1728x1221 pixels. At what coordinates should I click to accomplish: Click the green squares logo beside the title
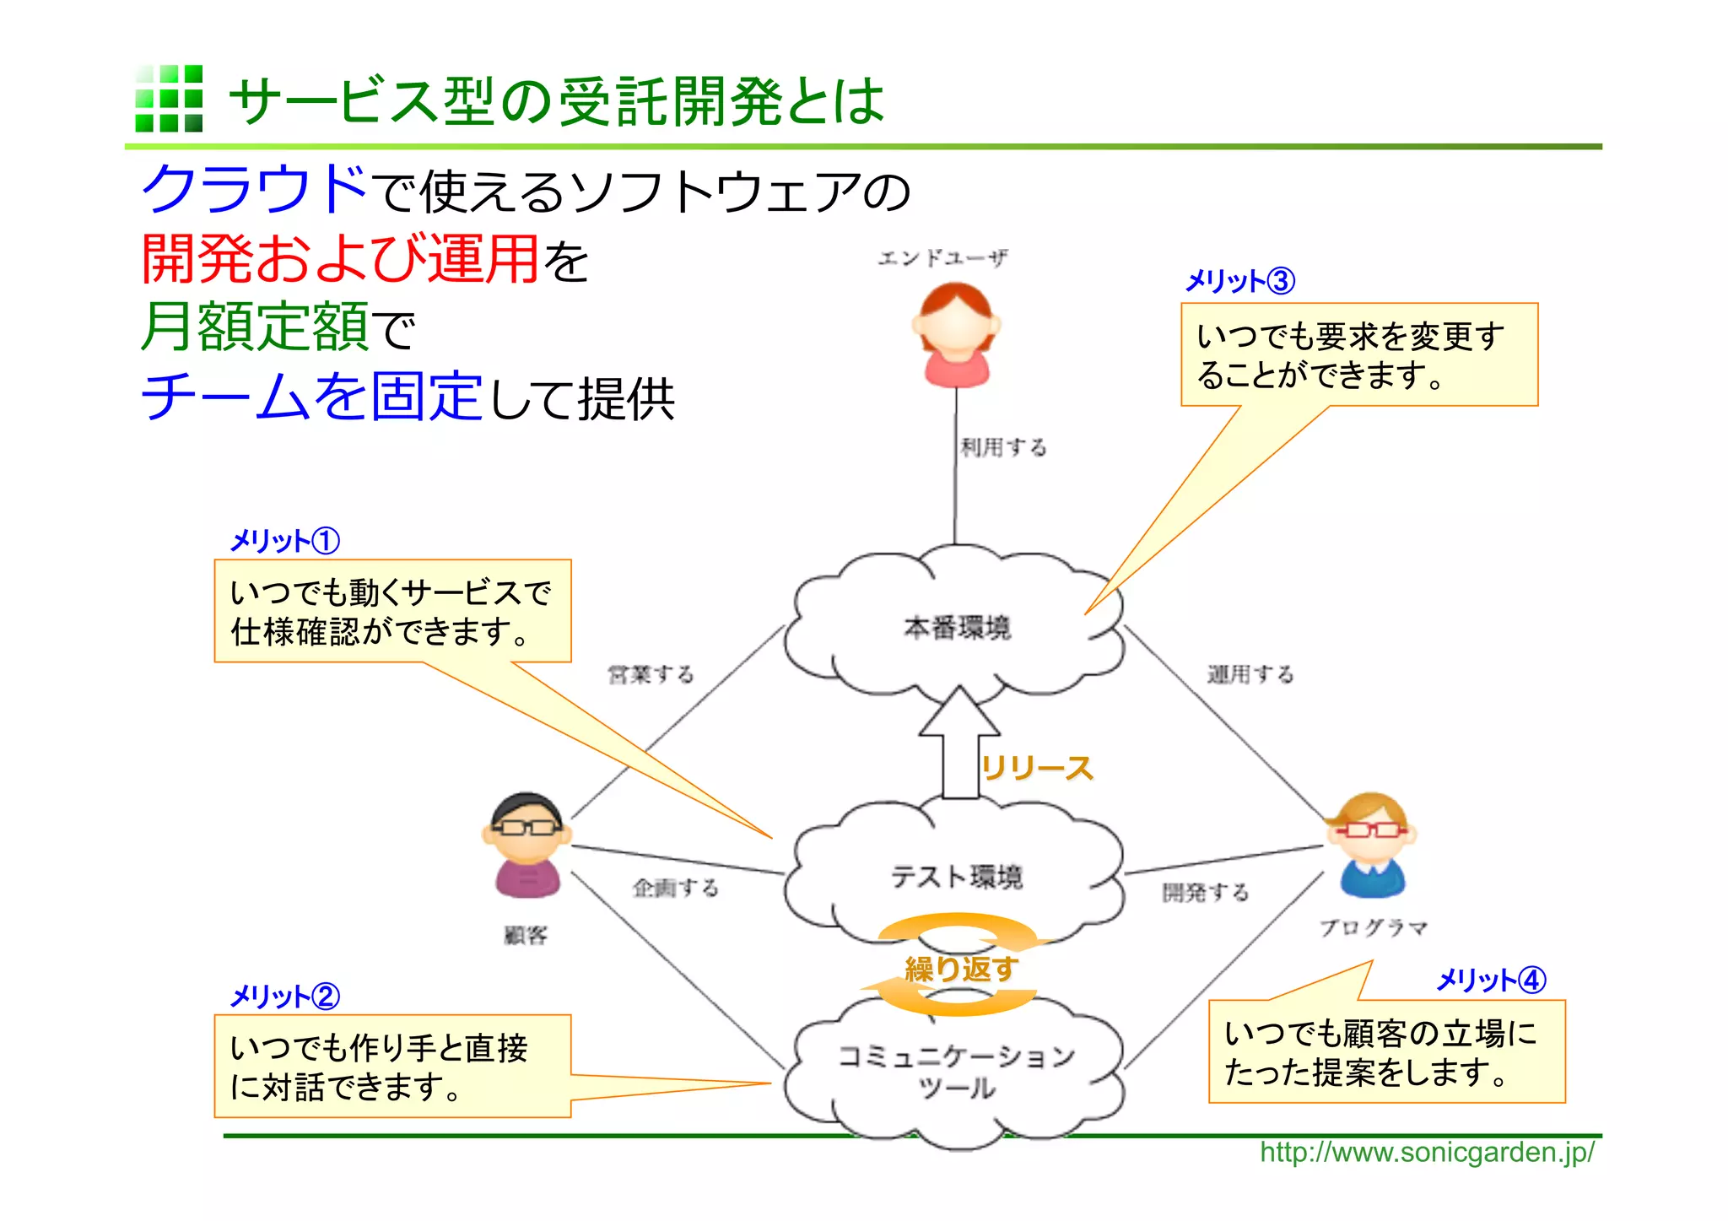tap(169, 99)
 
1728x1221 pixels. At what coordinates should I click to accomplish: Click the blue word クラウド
tap(255, 189)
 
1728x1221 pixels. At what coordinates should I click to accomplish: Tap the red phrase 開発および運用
tap(340, 258)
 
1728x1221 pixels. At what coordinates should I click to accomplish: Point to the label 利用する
tap(1003, 447)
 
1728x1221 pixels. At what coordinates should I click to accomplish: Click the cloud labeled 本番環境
tap(956, 628)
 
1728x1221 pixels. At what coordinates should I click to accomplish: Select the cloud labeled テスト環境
tap(956, 876)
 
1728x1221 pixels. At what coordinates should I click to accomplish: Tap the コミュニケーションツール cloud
tap(956, 1072)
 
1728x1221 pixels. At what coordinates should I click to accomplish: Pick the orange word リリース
tap(1037, 769)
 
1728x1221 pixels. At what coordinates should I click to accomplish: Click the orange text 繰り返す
tap(961, 969)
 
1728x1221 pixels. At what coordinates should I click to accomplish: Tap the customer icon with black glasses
tap(526, 844)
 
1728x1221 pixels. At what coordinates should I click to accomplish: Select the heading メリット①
tap(284, 541)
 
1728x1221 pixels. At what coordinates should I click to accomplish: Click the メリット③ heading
tap(1239, 281)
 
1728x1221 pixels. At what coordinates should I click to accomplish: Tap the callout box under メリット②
tap(392, 1067)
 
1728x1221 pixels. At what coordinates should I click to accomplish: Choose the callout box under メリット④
tap(1386, 1051)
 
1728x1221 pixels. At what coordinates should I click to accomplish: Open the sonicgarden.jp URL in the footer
tap(1427, 1152)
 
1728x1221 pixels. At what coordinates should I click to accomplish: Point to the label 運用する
tap(1250, 674)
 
